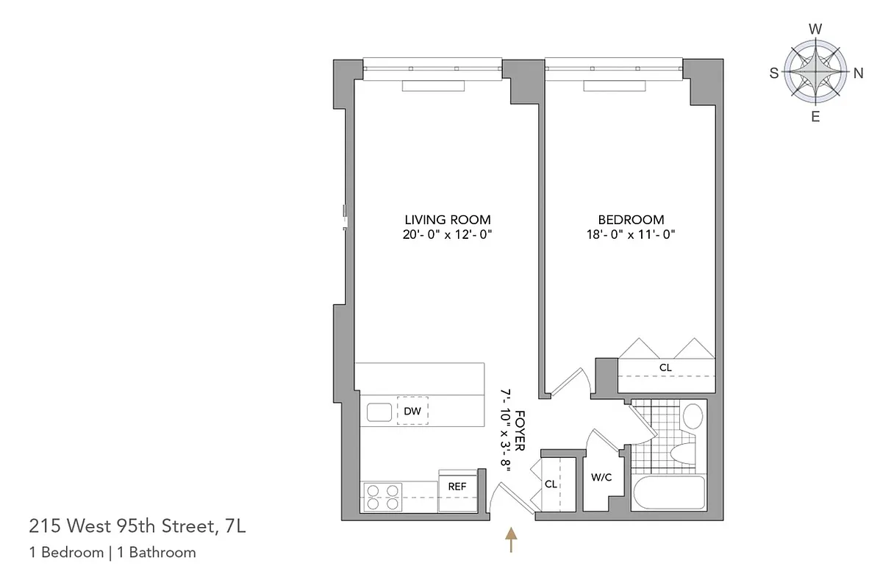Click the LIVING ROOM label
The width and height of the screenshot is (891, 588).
tap(448, 220)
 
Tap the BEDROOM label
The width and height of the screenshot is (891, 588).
tap(631, 220)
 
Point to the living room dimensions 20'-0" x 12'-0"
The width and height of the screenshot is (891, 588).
tap(448, 234)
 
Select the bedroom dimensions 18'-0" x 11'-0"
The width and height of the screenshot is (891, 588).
tap(631, 234)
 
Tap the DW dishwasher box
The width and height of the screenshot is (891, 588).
tap(412, 412)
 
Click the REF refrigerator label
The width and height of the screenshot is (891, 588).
tap(457, 487)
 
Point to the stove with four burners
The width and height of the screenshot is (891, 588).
tap(382, 497)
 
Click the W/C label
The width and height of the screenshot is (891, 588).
tap(601, 477)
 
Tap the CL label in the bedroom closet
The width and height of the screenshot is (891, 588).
tap(665, 367)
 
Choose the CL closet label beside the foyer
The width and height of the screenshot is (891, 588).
tap(551, 484)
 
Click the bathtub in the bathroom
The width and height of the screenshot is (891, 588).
tap(668, 492)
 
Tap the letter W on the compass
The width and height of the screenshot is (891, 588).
tap(815, 29)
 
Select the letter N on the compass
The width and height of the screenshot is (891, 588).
tap(858, 73)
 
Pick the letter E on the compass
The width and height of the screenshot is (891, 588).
tap(815, 117)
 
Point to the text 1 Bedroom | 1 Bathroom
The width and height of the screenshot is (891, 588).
tap(112, 553)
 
